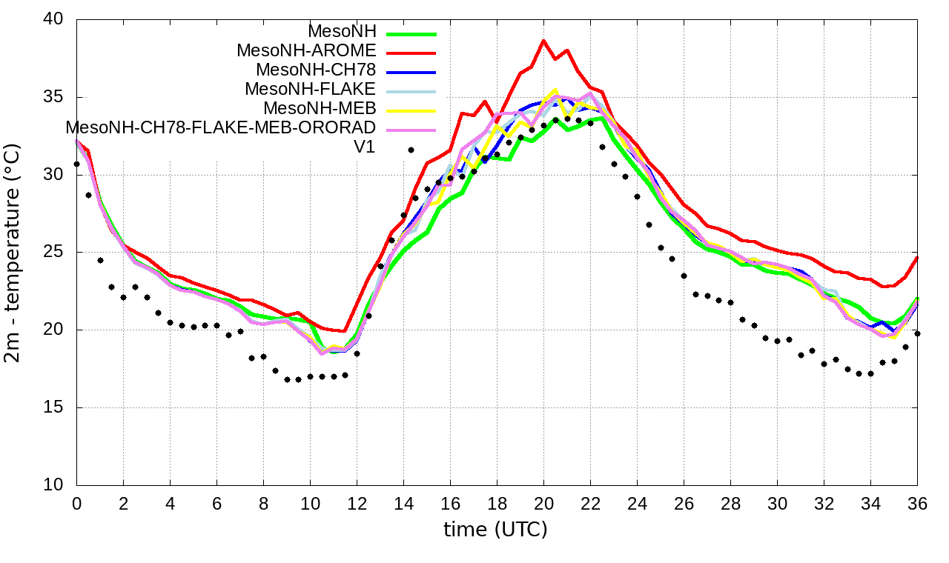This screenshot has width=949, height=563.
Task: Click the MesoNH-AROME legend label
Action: coord(306,50)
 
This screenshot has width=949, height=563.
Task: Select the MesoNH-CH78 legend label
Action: coord(316,70)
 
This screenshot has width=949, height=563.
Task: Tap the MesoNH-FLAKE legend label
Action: coord(311,89)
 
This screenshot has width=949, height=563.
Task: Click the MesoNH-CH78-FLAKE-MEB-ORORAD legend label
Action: coord(221,127)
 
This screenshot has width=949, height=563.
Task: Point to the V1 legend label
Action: coord(364,147)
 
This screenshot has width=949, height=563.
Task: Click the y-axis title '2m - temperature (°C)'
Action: coord(13,253)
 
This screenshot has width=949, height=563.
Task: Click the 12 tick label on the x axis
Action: coord(357,503)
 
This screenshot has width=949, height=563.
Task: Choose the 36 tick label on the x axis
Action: coord(917,503)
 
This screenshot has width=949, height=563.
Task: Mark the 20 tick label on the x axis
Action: coord(543,503)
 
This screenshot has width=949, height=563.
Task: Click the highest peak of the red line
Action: coord(543,41)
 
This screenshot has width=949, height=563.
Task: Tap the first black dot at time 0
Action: coord(76,164)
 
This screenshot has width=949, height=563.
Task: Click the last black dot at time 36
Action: coord(917,333)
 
